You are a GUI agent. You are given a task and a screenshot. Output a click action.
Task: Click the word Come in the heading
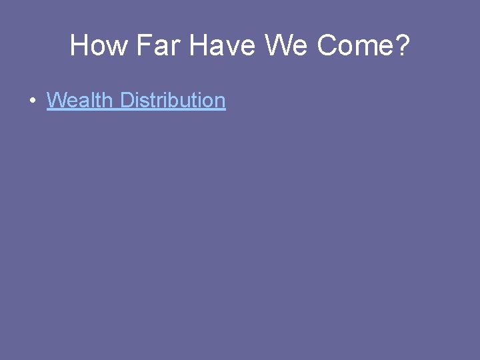354,45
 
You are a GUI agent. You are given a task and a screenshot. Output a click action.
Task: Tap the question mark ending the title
402,45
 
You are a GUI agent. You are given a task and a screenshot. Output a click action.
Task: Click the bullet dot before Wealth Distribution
32,101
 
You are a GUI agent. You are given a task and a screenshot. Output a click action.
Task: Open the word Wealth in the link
80,101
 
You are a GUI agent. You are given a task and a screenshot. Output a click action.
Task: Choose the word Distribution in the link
173,101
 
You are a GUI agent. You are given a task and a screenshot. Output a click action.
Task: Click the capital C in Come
327,45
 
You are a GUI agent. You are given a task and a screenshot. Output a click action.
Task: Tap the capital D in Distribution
127,101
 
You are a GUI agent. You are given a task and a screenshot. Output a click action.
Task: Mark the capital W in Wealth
56,101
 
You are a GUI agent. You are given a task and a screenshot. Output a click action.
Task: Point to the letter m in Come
366,47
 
